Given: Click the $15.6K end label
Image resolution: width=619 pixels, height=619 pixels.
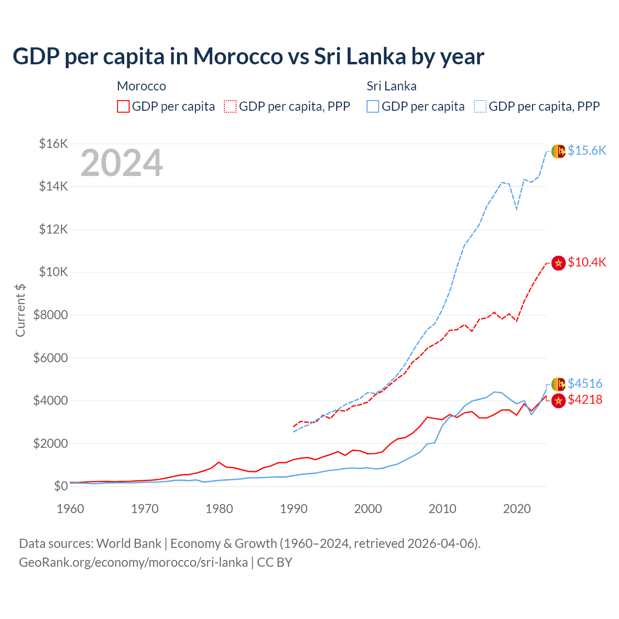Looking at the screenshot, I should click(x=587, y=150).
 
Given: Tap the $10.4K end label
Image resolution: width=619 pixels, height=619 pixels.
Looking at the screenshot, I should click(x=587, y=262).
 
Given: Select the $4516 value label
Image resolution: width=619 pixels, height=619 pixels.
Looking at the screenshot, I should click(x=585, y=383).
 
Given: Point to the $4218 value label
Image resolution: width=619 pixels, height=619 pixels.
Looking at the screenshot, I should click(x=585, y=399).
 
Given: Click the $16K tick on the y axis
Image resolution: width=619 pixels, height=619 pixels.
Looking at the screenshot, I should click(x=53, y=144).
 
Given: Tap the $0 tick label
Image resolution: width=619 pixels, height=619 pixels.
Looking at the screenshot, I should click(x=60, y=486).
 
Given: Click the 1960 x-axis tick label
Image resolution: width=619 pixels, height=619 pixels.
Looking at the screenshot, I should click(x=71, y=509).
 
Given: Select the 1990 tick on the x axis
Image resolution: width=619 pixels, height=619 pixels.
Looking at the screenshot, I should click(x=294, y=509).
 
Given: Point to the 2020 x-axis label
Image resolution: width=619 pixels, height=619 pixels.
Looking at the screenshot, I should click(x=517, y=509).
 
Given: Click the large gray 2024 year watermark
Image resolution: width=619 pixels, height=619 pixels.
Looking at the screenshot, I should click(x=121, y=163).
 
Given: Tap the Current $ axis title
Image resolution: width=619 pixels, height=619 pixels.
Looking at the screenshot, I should click(x=20, y=310).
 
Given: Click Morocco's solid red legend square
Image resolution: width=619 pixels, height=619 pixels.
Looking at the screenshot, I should click(x=123, y=106).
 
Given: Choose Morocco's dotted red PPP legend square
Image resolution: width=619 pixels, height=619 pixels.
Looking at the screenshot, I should click(x=231, y=106).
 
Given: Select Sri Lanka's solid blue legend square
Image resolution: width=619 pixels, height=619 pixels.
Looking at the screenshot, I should click(x=373, y=106).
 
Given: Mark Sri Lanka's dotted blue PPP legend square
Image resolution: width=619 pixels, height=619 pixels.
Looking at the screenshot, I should click(x=480, y=106).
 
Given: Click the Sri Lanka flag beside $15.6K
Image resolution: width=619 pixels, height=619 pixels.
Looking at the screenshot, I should click(x=559, y=151).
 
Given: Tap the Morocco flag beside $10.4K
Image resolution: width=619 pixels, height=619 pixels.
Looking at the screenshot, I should click(x=559, y=263).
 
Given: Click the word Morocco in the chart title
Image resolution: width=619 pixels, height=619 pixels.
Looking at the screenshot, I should click(x=238, y=56).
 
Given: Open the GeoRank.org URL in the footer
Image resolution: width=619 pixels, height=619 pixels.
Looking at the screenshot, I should click(x=133, y=562).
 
